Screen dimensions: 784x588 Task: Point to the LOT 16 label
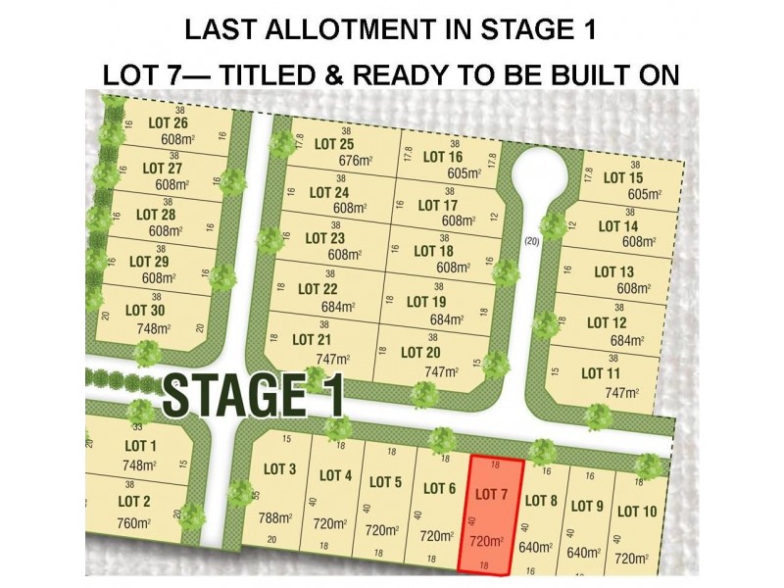coord(442,157)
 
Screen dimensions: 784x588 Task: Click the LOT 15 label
coord(622,177)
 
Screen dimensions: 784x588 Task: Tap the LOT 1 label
coord(136,446)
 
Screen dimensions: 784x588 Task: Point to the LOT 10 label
coord(637,511)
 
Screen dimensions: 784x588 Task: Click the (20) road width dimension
coord(533,241)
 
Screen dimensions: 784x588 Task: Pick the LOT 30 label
coord(145,309)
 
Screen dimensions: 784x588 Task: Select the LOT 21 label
coord(312,339)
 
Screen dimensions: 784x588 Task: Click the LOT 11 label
coord(601,372)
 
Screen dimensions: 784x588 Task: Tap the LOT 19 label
coord(425,301)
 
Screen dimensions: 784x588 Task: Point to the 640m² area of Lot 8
coord(536,548)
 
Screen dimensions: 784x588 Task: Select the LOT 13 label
coord(613,271)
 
